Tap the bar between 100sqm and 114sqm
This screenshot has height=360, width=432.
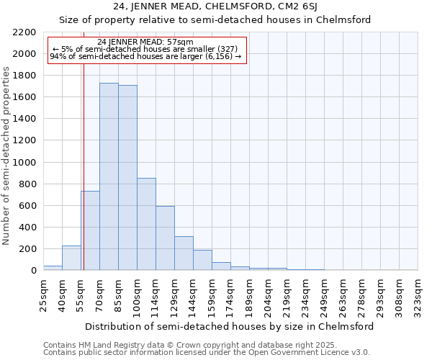point(146,224)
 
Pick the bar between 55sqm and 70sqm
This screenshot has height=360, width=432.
point(90,230)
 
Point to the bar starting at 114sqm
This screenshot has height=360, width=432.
point(165,238)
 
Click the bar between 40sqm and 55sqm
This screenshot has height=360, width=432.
point(71,258)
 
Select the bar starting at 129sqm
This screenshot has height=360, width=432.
point(184,253)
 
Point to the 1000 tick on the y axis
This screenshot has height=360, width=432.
point(24,163)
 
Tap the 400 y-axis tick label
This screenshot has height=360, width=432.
point(27,228)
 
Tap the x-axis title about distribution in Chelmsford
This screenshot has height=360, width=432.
point(230,326)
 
